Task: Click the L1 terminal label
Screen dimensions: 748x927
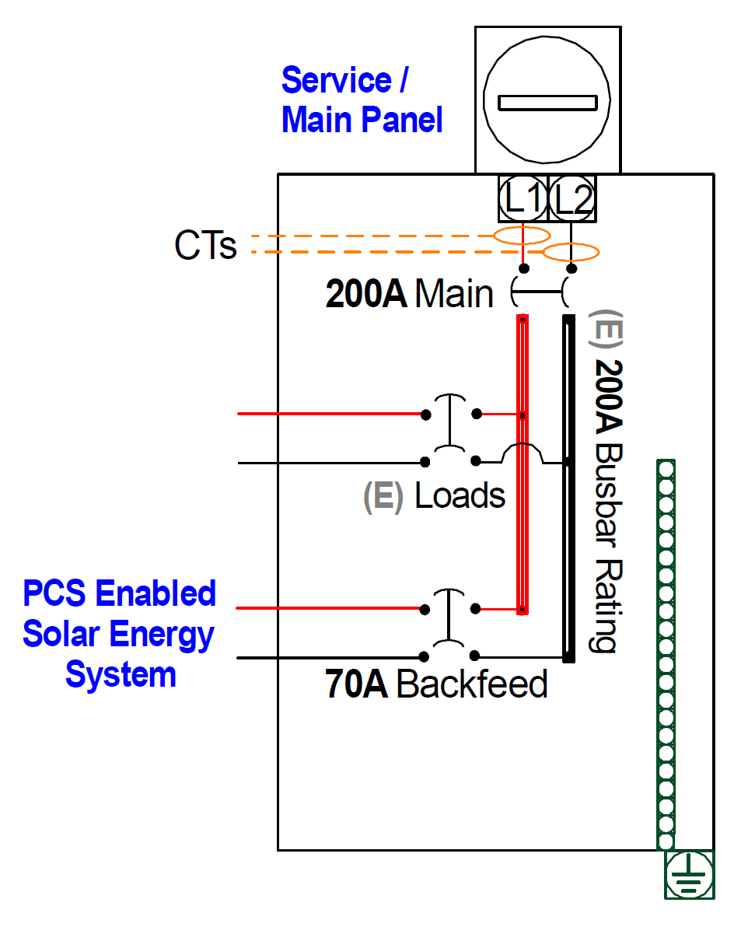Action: [523, 198]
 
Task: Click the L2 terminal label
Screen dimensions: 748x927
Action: [571, 199]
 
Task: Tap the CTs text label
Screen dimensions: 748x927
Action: [205, 245]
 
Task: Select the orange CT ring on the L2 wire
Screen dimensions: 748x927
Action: [571, 253]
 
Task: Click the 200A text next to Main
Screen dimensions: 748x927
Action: [366, 294]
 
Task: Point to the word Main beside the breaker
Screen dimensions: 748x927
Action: [454, 294]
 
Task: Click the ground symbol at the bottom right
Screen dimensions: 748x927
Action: [689, 874]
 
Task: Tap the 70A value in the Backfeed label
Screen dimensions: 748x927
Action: [356, 684]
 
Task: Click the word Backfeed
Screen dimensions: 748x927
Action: [472, 684]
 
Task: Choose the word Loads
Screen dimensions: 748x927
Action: [460, 495]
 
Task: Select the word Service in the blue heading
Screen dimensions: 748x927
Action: [337, 80]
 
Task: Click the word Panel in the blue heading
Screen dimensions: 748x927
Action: [402, 120]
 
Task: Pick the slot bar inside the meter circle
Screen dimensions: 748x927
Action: [547, 103]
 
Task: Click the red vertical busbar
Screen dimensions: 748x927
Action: [522, 465]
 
